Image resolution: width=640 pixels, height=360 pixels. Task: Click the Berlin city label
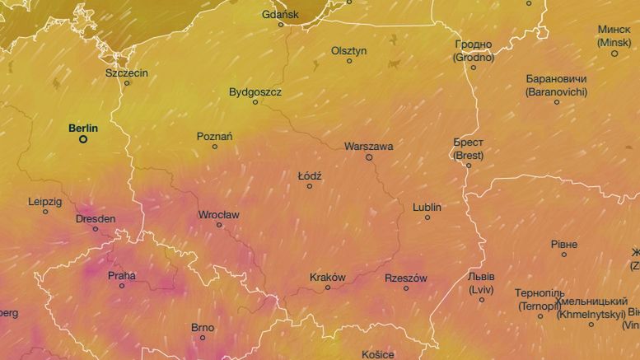click(83, 128)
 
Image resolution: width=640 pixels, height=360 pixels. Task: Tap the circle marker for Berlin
click(83, 140)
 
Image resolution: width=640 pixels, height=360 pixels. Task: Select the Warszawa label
click(368, 146)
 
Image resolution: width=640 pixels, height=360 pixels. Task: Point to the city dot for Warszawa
click(369, 157)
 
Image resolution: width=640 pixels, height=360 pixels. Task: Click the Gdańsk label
click(280, 14)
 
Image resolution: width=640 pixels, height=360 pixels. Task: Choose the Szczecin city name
click(127, 72)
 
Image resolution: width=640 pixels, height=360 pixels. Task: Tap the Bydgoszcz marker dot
click(255, 102)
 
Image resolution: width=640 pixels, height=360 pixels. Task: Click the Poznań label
click(215, 136)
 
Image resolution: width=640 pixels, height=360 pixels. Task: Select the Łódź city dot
click(310, 186)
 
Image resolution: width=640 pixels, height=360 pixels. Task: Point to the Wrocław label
click(218, 214)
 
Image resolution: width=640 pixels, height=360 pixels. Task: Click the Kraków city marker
click(328, 288)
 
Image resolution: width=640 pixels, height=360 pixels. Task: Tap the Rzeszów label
click(406, 278)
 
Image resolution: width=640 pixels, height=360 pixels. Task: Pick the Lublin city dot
click(427, 217)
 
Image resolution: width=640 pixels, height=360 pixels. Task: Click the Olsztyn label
click(348, 50)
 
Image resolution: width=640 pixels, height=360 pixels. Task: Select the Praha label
click(122, 276)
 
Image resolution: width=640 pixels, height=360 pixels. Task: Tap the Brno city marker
click(203, 338)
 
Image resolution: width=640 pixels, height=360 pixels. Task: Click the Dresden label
click(96, 218)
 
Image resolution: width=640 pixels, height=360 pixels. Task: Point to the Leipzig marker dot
click(45, 212)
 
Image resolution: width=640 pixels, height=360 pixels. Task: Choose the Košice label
click(378, 354)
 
